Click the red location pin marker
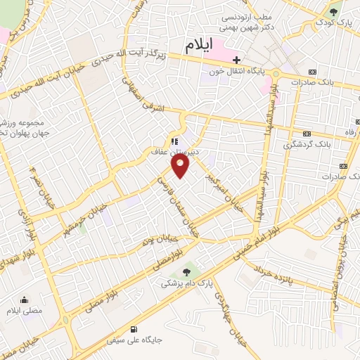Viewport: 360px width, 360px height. point(181,166)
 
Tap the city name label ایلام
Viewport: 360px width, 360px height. point(199,46)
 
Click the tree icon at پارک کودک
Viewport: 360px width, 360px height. point(333,12)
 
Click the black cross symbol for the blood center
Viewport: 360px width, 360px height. point(237,59)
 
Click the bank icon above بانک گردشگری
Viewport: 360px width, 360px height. point(307,133)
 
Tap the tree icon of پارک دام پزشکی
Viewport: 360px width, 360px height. point(186,272)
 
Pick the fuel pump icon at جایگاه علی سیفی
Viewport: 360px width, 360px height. point(134,328)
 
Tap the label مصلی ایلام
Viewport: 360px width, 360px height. point(24,310)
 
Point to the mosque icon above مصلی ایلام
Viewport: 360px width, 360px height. point(24,299)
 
